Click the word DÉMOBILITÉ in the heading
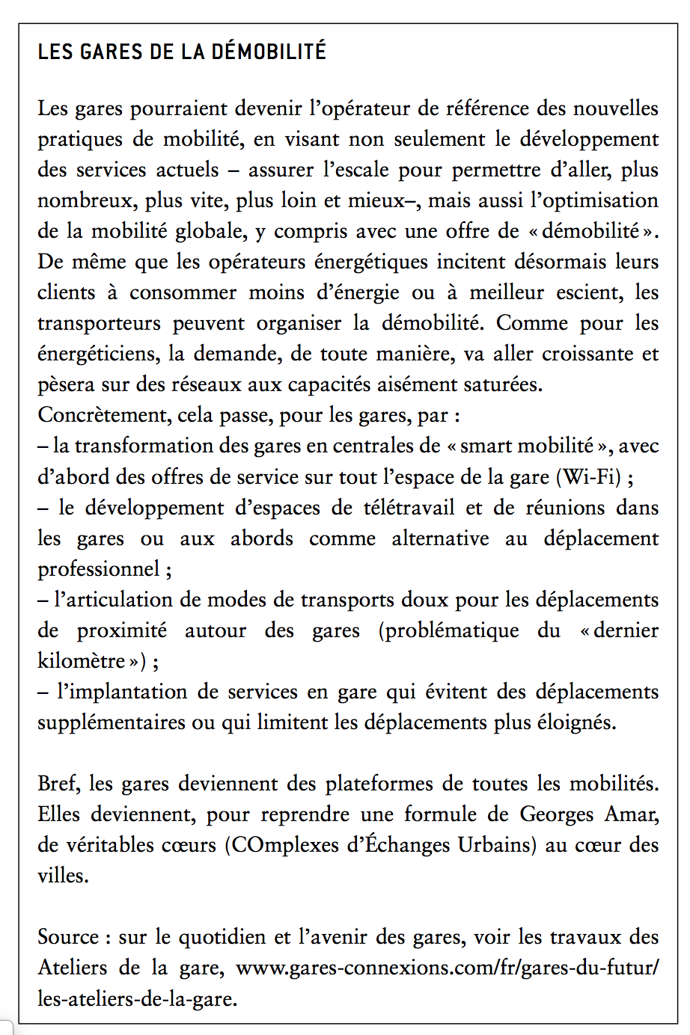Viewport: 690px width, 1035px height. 269,52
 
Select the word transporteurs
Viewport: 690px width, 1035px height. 99,323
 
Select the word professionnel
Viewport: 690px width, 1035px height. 99,569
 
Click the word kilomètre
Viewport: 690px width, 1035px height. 82,661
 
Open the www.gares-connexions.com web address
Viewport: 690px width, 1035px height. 447,968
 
